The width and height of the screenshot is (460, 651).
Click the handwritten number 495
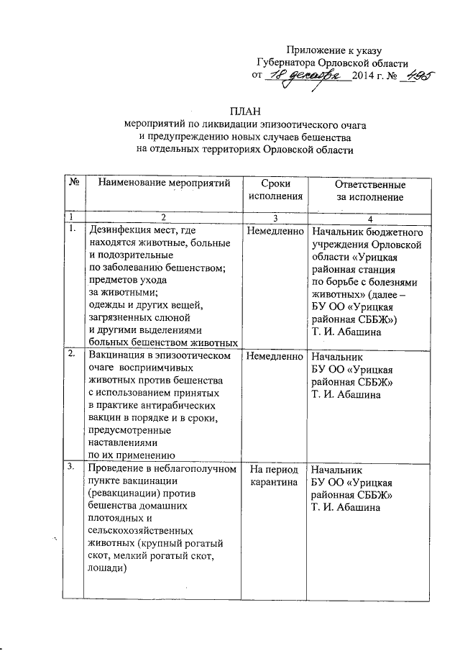(x=418, y=75)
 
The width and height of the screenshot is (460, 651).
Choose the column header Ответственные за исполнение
(x=369, y=191)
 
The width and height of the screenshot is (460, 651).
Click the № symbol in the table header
(x=73, y=183)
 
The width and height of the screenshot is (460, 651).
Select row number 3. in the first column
(x=71, y=468)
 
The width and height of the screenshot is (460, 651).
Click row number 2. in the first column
(x=71, y=354)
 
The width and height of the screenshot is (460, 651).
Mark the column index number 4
(x=369, y=217)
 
